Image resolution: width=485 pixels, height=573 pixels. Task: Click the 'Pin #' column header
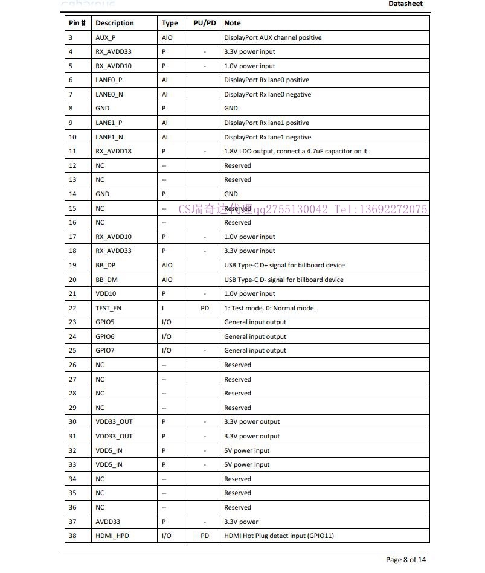(x=77, y=23)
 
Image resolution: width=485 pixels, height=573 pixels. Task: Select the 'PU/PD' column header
(x=204, y=23)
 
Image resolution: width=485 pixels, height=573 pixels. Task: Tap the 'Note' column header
(x=233, y=23)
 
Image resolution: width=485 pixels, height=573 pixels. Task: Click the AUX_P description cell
(x=105, y=37)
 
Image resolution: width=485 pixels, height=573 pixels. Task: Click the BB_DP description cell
(x=105, y=265)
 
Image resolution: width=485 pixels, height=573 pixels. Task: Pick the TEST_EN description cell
(x=108, y=308)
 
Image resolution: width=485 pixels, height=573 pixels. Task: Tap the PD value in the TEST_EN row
(x=205, y=308)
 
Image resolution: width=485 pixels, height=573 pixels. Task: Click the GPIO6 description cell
(x=104, y=336)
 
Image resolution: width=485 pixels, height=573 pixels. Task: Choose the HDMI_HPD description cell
(x=112, y=536)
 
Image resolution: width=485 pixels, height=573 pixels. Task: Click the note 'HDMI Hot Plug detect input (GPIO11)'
(x=278, y=536)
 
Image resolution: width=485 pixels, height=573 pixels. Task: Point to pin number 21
(x=72, y=293)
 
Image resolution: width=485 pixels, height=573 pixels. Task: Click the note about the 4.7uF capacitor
(x=296, y=151)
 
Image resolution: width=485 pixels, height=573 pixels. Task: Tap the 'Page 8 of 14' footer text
(x=406, y=559)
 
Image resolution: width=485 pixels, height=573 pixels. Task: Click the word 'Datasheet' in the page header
(x=405, y=4)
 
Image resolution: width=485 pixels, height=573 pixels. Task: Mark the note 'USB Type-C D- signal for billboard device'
(x=283, y=280)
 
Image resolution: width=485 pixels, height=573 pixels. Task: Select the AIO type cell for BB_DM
(x=167, y=280)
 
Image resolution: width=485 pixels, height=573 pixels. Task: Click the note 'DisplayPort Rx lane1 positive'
(x=266, y=123)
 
